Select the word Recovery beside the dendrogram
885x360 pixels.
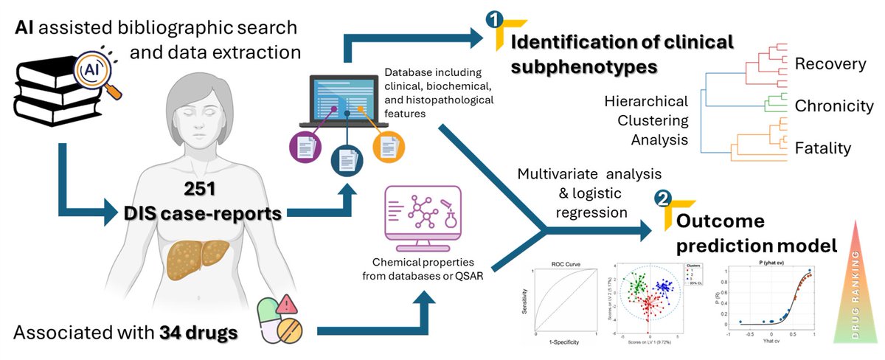point(830,64)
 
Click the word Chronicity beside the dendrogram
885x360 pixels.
point(834,106)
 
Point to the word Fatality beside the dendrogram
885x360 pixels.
point(822,148)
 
